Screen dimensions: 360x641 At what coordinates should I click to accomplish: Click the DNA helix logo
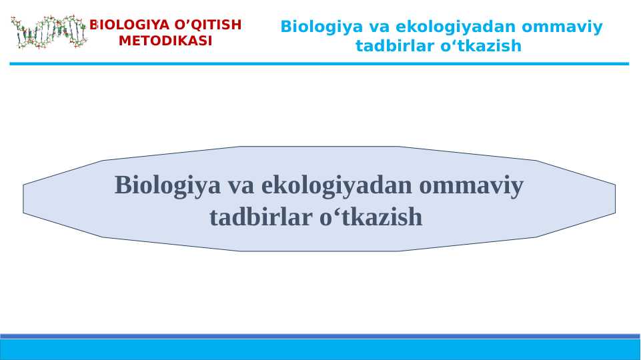click(x=49, y=32)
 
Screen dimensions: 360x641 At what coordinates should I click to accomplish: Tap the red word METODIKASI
click(x=165, y=41)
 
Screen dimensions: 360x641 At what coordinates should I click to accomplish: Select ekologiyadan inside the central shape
click(x=338, y=185)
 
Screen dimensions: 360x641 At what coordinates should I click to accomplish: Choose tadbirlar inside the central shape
click(x=260, y=217)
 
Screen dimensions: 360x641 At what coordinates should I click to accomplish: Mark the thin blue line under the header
click(x=319, y=64)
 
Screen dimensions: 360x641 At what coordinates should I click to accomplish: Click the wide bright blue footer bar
click(x=320, y=349)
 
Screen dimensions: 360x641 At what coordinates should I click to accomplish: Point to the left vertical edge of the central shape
click(x=23, y=199)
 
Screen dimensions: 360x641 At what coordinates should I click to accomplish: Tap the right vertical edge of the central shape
click(x=615, y=199)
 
